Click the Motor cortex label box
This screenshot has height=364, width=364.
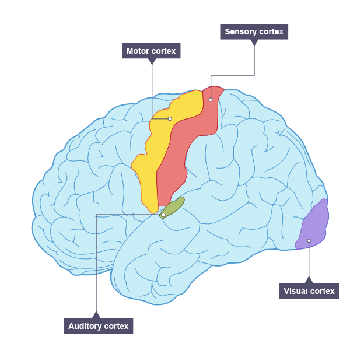pyautogui.click(x=151, y=51)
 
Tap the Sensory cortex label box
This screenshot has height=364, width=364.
pyautogui.click(x=254, y=32)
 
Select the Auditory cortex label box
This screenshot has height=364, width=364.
pyautogui.click(x=98, y=326)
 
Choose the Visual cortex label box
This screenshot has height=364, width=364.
pyautogui.click(x=309, y=291)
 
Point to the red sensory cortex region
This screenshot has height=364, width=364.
pyautogui.click(x=175, y=163)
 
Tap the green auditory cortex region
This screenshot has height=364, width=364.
pyautogui.click(x=173, y=206)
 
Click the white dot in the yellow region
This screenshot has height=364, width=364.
pyautogui.click(x=170, y=118)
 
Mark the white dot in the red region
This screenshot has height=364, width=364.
pyautogui.click(x=211, y=99)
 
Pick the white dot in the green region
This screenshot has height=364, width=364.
pyautogui.click(x=163, y=215)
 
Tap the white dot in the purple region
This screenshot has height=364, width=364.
pyautogui.click(x=309, y=240)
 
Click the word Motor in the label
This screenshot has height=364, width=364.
pyautogui.click(x=138, y=51)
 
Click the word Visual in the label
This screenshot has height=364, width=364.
pyautogui.click(x=296, y=291)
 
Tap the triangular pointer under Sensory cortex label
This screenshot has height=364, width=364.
pyautogui.click(x=254, y=42)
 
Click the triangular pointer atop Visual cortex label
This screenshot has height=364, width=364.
pyautogui.click(x=309, y=281)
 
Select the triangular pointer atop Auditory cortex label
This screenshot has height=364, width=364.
pyautogui.click(x=96, y=316)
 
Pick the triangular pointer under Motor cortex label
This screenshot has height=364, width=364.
pyautogui.click(x=152, y=61)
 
